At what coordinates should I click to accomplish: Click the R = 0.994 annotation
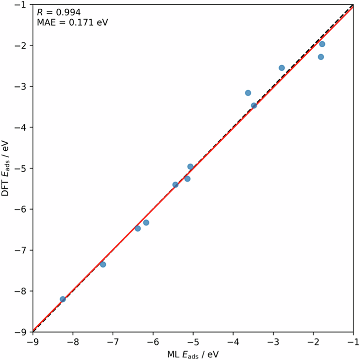tap(58, 13)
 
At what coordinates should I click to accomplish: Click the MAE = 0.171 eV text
tap(72, 22)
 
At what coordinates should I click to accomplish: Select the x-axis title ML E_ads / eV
tap(193, 354)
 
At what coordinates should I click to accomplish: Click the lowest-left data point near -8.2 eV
tap(63, 299)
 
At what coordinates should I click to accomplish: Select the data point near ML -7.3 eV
tap(103, 264)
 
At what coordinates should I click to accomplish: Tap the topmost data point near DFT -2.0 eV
tap(322, 44)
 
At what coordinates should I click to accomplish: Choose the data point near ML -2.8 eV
tap(282, 68)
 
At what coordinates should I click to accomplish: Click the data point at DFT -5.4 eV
tap(175, 185)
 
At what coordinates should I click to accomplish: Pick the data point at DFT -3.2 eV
tap(248, 93)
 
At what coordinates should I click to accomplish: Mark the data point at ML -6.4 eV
tap(138, 228)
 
